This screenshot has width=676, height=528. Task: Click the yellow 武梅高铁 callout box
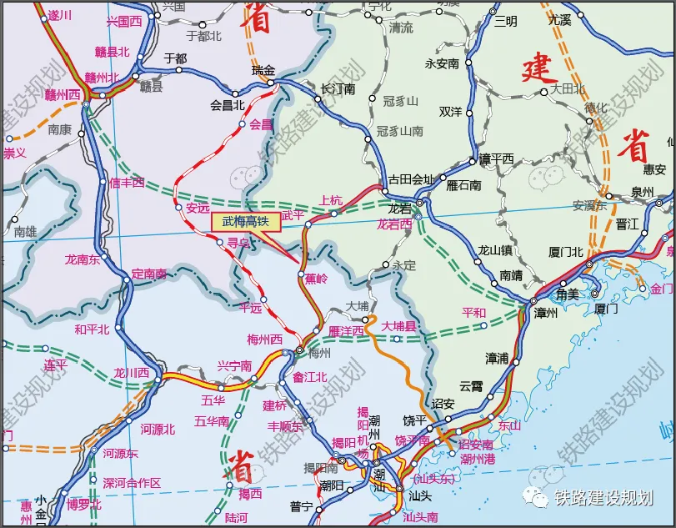(x=246, y=222)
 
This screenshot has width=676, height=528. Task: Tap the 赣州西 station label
(x=63, y=93)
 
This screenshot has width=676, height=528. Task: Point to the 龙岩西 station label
(x=394, y=224)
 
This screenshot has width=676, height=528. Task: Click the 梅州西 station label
(x=265, y=339)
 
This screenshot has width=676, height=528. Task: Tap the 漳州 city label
(x=546, y=313)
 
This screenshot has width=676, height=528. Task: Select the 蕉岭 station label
(x=316, y=279)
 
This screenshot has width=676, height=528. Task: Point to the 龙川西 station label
(x=132, y=373)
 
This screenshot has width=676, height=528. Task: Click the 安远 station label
(x=198, y=208)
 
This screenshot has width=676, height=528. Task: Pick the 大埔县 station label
(x=398, y=326)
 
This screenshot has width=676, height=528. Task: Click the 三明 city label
(x=505, y=21)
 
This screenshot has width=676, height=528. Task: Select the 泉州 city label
(x=643, y=192)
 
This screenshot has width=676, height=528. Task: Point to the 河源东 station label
(x=120, y=453)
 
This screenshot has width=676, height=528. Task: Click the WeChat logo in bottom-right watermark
(x=536, y=497)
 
